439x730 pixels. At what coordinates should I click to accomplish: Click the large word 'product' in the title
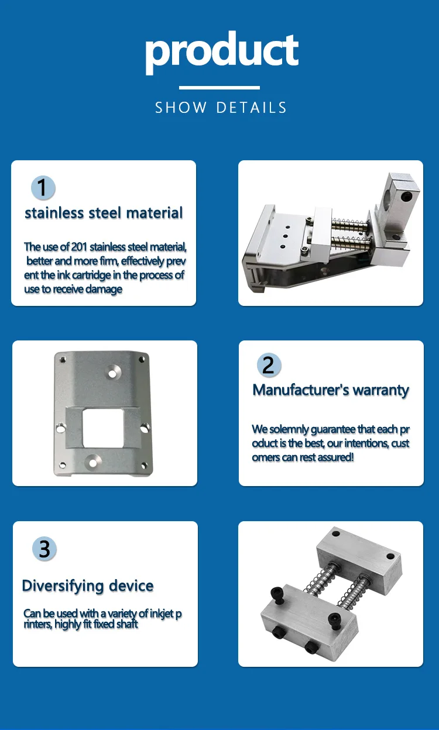(221, 51)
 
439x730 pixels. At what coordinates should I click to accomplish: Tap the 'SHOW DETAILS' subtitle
(221, 108)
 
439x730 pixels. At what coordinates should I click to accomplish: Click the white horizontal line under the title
(219, 88)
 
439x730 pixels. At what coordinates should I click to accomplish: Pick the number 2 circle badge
(269, 365)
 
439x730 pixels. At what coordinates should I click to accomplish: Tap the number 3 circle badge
(44, 549)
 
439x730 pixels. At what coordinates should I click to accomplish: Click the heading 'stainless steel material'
(104, 213)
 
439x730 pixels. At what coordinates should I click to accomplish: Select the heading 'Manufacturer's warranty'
(331, 390)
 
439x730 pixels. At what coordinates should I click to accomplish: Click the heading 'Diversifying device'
(88, 586)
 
